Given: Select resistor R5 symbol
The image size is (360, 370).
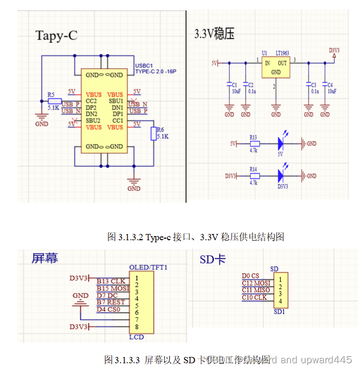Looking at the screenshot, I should coord(54,101).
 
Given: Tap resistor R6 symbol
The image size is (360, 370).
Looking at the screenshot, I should coord(153,133).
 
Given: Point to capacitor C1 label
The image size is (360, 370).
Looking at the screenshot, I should coord(234,84).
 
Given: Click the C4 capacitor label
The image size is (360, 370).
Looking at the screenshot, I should coord(330,84).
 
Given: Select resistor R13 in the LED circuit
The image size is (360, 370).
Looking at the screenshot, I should coord(254,143).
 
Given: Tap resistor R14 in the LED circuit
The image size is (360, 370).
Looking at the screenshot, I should coord(254,176).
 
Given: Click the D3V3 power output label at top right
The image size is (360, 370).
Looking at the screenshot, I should coord(334,51).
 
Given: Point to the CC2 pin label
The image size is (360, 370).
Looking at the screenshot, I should coord(92,101).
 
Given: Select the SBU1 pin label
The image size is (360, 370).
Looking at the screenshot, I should coord(116,101).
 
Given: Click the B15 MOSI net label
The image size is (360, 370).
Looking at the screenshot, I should coord(113,288).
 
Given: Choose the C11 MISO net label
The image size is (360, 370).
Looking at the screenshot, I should coord(256,290).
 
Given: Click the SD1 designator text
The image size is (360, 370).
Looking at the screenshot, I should coord(280,312).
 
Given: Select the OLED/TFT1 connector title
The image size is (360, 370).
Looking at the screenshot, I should coord(151,267).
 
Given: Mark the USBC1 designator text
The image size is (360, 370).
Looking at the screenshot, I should coord(144,66).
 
